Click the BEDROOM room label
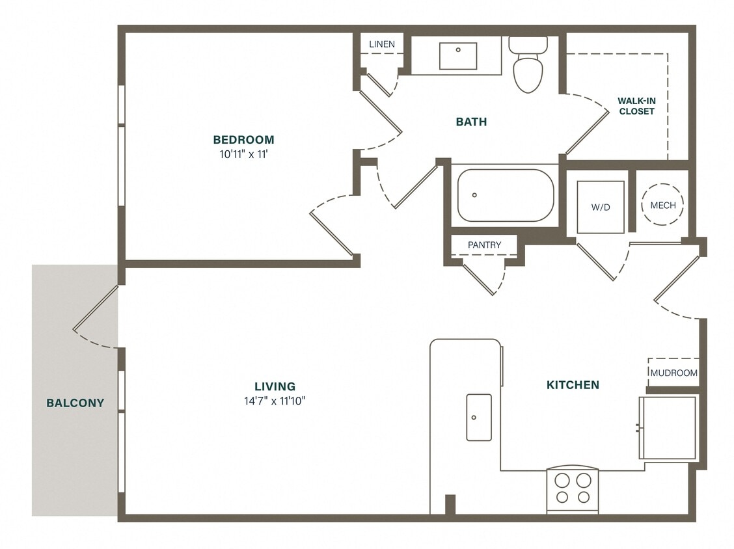(x=243, y=139)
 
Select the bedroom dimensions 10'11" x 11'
(x=243, y=155)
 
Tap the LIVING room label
(x=275, y=386)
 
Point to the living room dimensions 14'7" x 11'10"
(x=275, y=401)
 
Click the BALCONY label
(x=75, y=403)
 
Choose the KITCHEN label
(x=573, y=385)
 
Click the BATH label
(x=471, y=122)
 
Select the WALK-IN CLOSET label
(x=636, y=106)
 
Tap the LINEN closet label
(x=382, y=44)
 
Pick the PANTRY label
(x=484, y=245)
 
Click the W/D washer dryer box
(x=600, y=207)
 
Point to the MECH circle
(x=662, y=205)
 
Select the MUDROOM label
(x=674, y=373)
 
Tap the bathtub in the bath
(x=505, y=195)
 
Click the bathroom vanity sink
(x=457, y=56)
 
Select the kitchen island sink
(x=479, y=417)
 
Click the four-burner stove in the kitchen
(x=573, y=489)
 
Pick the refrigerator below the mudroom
(x=668, y=427)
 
